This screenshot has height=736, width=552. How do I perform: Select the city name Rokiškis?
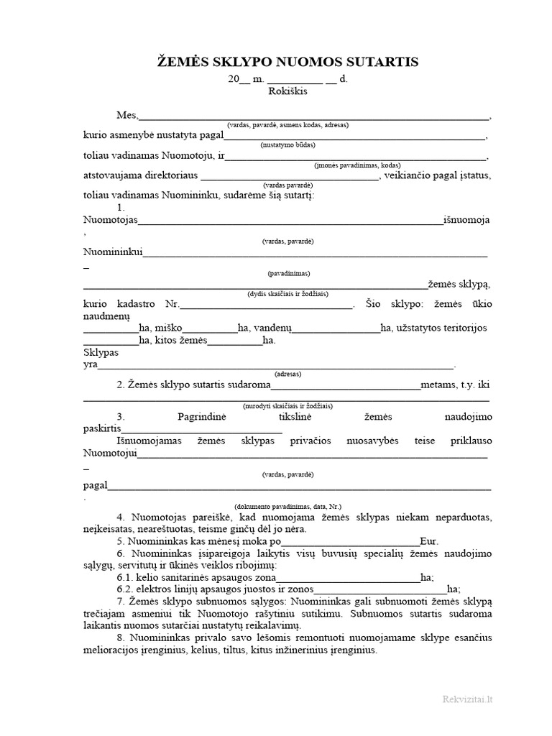[x=287, y=91]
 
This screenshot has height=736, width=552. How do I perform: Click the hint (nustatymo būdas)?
[x=287, y=144]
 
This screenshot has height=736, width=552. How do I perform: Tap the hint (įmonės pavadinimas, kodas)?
[x=287, y=165]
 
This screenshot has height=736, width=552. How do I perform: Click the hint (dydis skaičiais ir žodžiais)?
[x=287, y=294]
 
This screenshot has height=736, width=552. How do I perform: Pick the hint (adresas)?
[x=287, y=374]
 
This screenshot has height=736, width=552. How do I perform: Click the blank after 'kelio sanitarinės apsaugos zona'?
[x=348, y=576]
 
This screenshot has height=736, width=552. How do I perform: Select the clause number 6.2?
[x=125, y=589]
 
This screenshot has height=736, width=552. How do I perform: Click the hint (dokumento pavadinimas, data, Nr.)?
[x=287, y=506]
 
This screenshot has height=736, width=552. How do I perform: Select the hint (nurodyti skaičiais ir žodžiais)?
[x=287, y=405]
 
